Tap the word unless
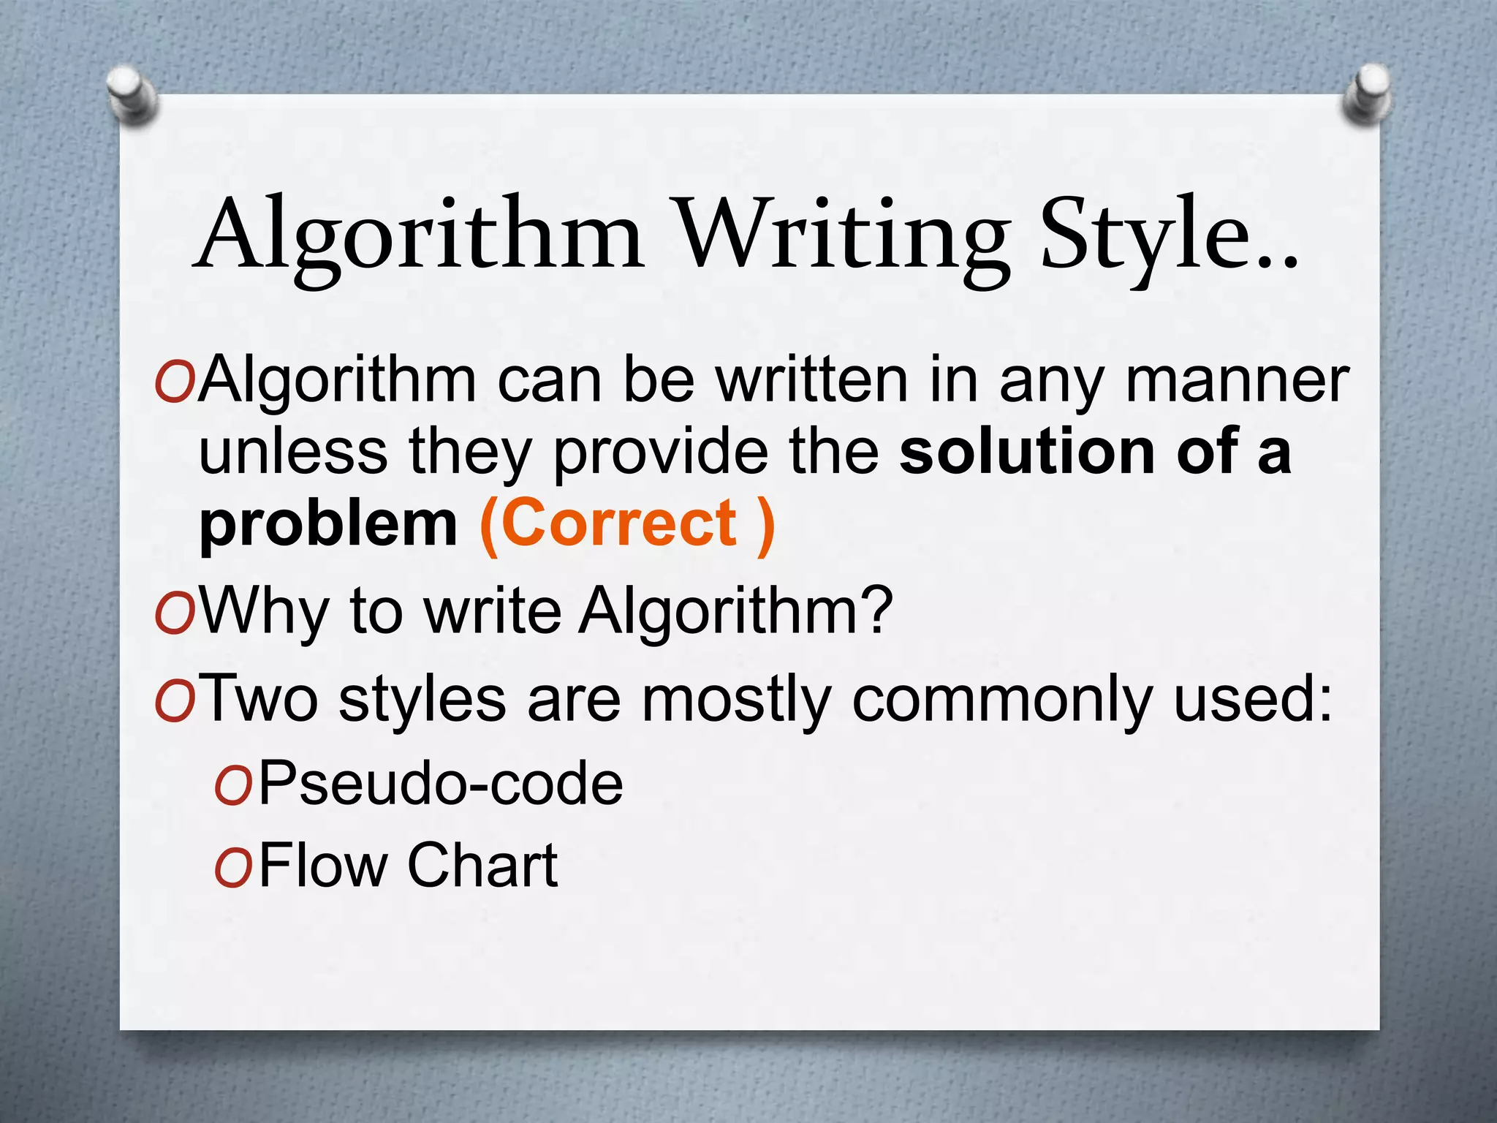(x=292, y=451)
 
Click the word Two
(x=259, y=698)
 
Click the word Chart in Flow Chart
(x=483, y=864)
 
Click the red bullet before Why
(x=174, y=614)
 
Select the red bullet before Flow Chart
(x=233, y=868)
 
